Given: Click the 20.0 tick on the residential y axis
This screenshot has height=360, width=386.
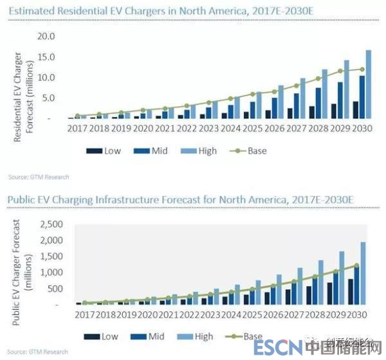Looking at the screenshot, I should pos(48,36).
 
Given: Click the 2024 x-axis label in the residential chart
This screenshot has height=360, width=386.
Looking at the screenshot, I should pos(231,128).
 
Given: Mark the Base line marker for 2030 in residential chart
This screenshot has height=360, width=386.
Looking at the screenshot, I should pos(362,69).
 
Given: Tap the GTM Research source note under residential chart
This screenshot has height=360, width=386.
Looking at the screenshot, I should pos(38,176).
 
